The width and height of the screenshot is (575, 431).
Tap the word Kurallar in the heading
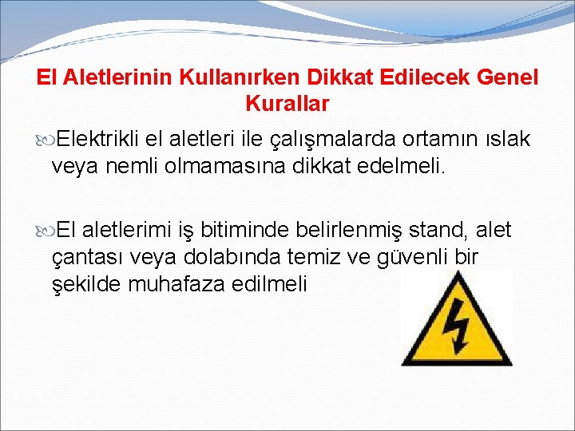tap(287, 104)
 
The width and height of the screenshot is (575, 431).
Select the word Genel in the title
tap(508, 78)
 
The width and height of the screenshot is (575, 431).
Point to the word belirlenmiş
tap(352, 231)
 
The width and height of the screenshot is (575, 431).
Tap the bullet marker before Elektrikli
tap(45, 139)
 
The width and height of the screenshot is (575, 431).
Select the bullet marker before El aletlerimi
tap(45, 231)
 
